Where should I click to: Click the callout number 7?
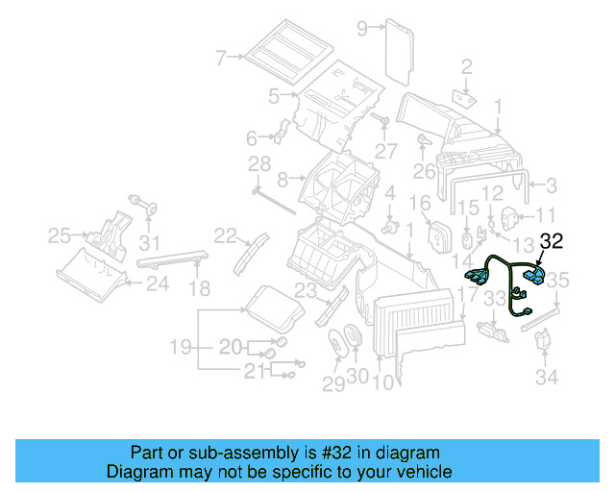point(220,58)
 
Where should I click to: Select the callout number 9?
point(362,28)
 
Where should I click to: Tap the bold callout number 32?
point(553,242)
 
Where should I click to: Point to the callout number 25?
point(60,234)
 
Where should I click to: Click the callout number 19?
point(181,346)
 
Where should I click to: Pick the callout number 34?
point(547,378)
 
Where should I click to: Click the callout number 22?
point(226,234)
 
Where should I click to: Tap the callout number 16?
point(420,204)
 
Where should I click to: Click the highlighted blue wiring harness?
point(504,279)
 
